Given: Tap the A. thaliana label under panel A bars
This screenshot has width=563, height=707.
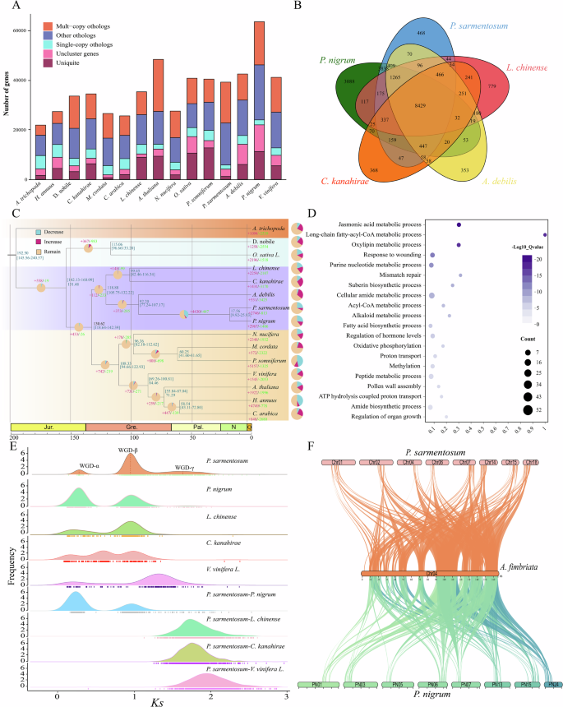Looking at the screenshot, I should pos(157,198).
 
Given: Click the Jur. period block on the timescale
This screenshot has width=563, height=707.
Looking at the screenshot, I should pos(48,427).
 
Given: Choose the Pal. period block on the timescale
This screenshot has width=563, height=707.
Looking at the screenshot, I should pos(197,427).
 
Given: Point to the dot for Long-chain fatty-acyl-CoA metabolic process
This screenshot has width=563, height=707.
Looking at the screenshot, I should pos(545,235).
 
